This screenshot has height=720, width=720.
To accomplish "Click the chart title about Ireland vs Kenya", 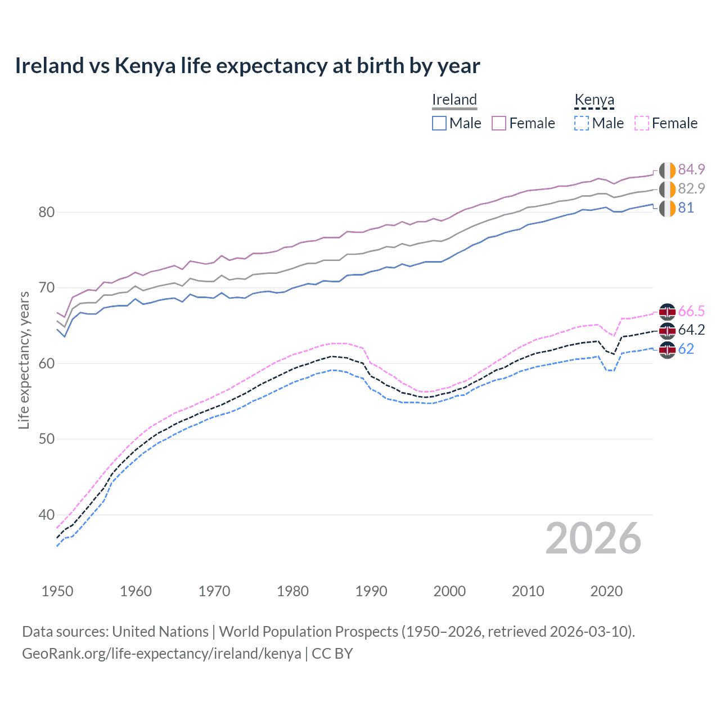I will pos(247,66).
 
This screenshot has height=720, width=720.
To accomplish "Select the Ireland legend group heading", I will pos(454,100).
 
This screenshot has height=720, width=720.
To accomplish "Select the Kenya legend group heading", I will pos(594,100).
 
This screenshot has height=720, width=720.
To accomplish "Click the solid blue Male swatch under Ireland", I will pos(439,123).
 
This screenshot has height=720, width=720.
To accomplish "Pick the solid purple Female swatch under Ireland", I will pos(499,123).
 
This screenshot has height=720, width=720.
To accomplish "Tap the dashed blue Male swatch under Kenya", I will pos(582,123).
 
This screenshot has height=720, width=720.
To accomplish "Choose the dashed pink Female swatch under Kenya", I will pos(642,123).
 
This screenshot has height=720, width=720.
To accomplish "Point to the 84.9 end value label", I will pos(691,169).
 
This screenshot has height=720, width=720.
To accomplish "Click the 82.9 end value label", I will pos(691,188).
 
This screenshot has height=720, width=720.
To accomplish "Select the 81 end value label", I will pos(686,208).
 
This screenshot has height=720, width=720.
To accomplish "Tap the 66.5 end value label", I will pos(691,311).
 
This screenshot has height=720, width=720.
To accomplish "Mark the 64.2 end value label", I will pos(691,330).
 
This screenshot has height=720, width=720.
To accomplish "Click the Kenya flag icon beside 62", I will pos(667,349).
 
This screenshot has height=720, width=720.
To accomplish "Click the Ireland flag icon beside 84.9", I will pos(667,170).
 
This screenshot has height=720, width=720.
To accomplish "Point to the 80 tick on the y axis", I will pos(46,212).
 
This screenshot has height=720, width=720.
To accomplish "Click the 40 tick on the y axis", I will pos(46,515).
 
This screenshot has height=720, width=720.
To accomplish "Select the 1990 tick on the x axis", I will pos(371,591).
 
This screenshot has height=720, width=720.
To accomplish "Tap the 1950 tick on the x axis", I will pos(57,591).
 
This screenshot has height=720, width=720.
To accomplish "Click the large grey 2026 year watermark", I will pos(593,538).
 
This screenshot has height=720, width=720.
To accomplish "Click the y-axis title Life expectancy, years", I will pos(24,360).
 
